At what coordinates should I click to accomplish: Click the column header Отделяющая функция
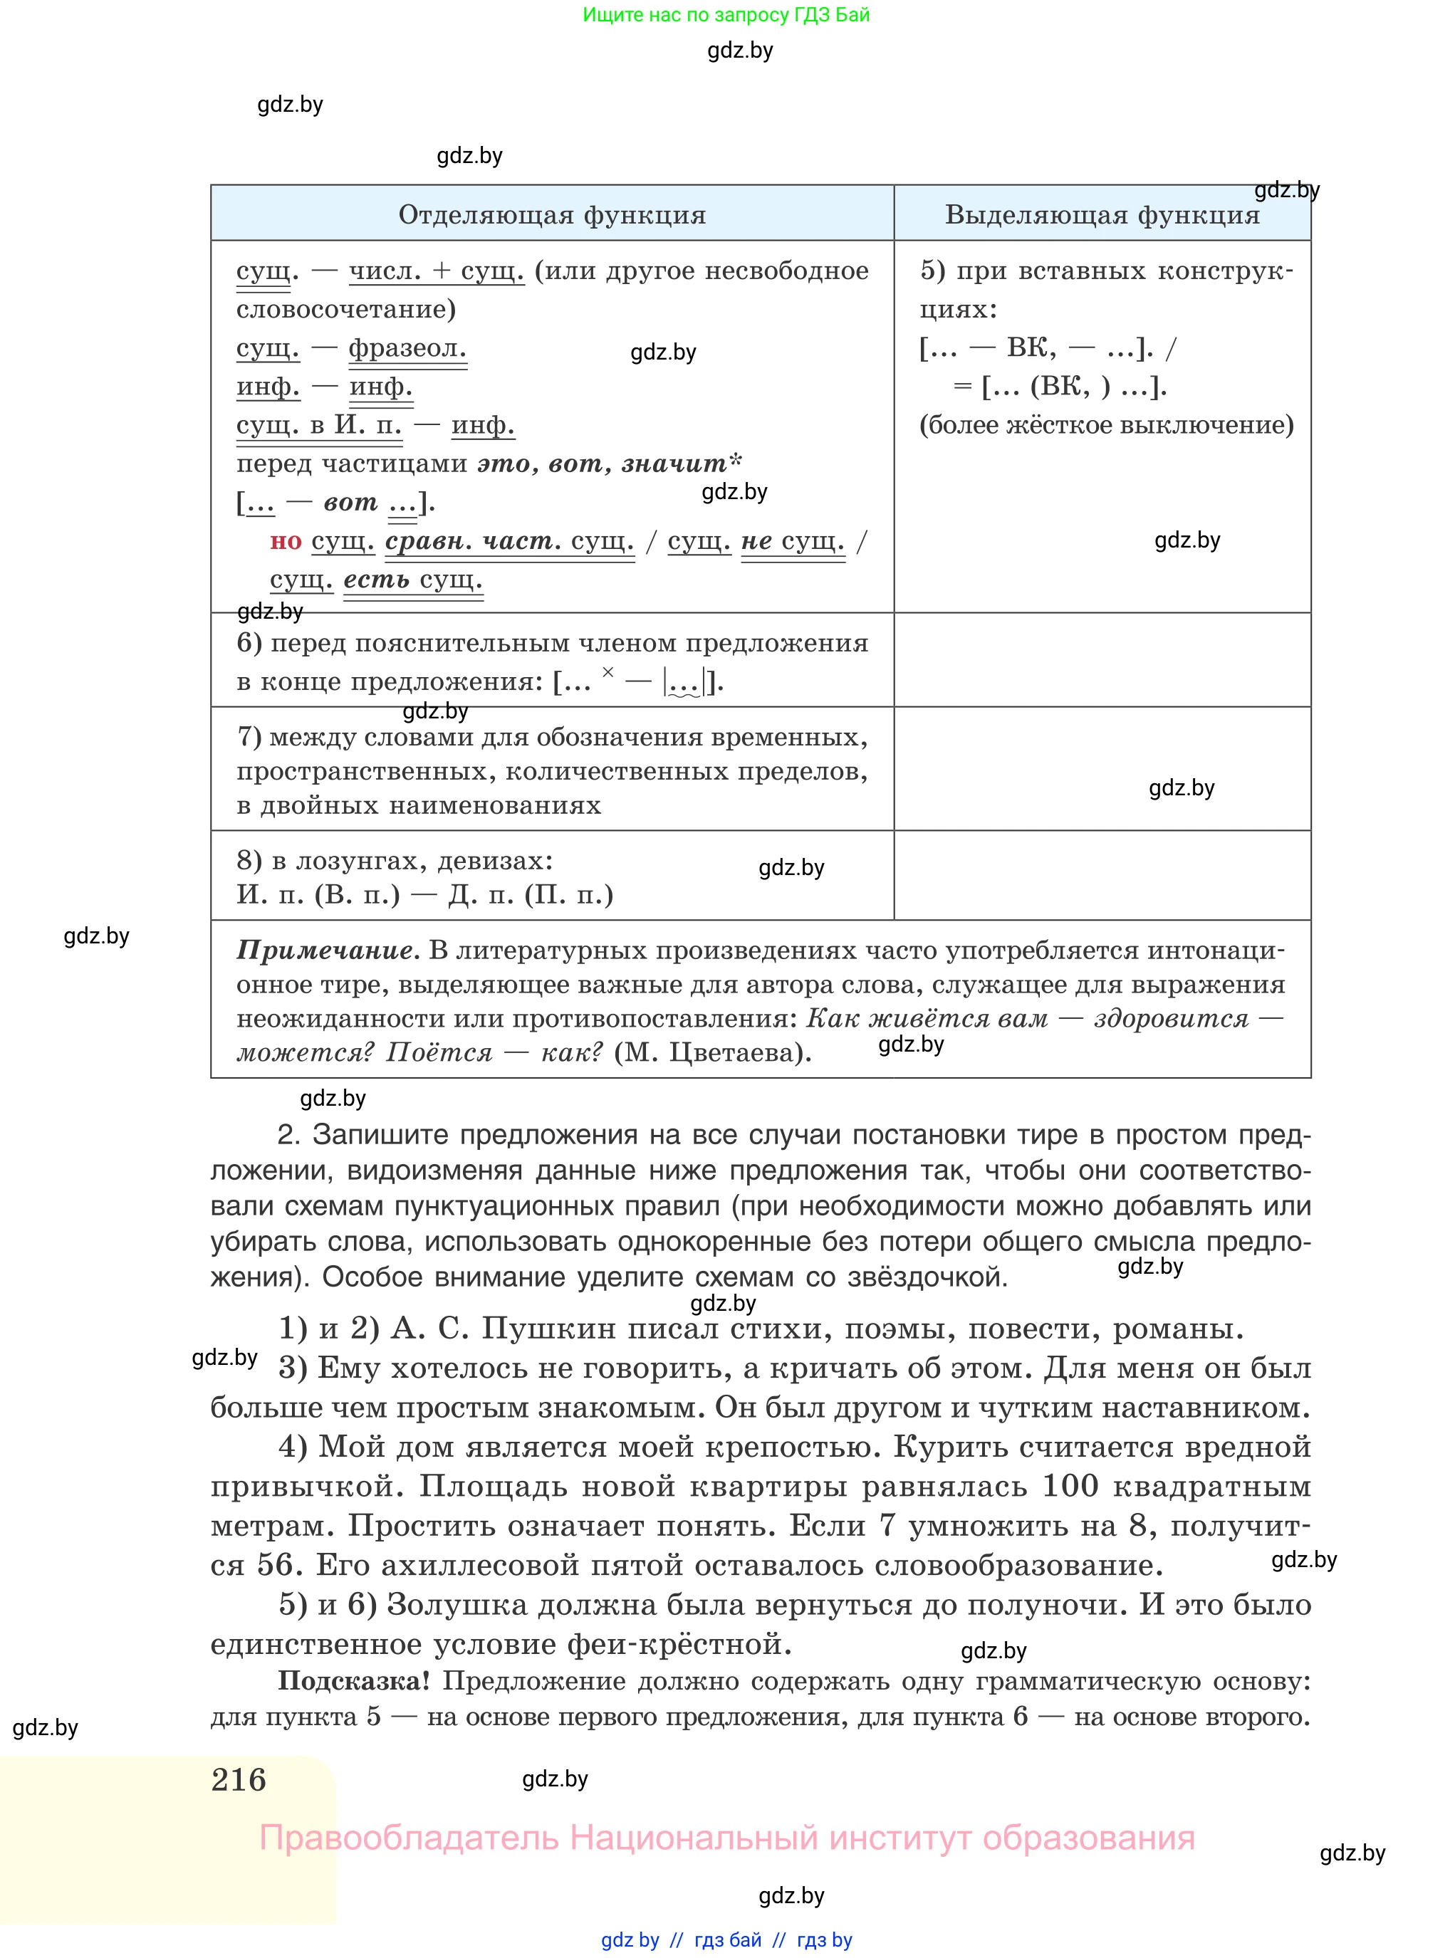click(552, 215)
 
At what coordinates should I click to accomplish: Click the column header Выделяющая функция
click(1102, 215)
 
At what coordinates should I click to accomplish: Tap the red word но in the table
click(286, 540)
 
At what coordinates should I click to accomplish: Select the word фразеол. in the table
click(407, 349)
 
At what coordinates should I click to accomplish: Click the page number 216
click(239, 1779)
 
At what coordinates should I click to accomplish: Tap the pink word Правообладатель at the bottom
click(409, 1838)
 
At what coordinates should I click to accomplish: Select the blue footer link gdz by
click(630, 1939)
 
